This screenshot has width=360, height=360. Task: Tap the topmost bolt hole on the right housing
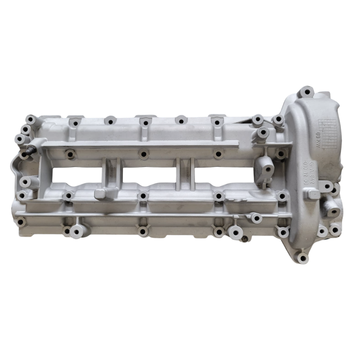click(x=307, y=92)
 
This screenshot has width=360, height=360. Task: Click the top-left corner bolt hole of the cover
click(x=31, y=119)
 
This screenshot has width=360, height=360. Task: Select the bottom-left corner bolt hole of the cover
click(x=21, y=222)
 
